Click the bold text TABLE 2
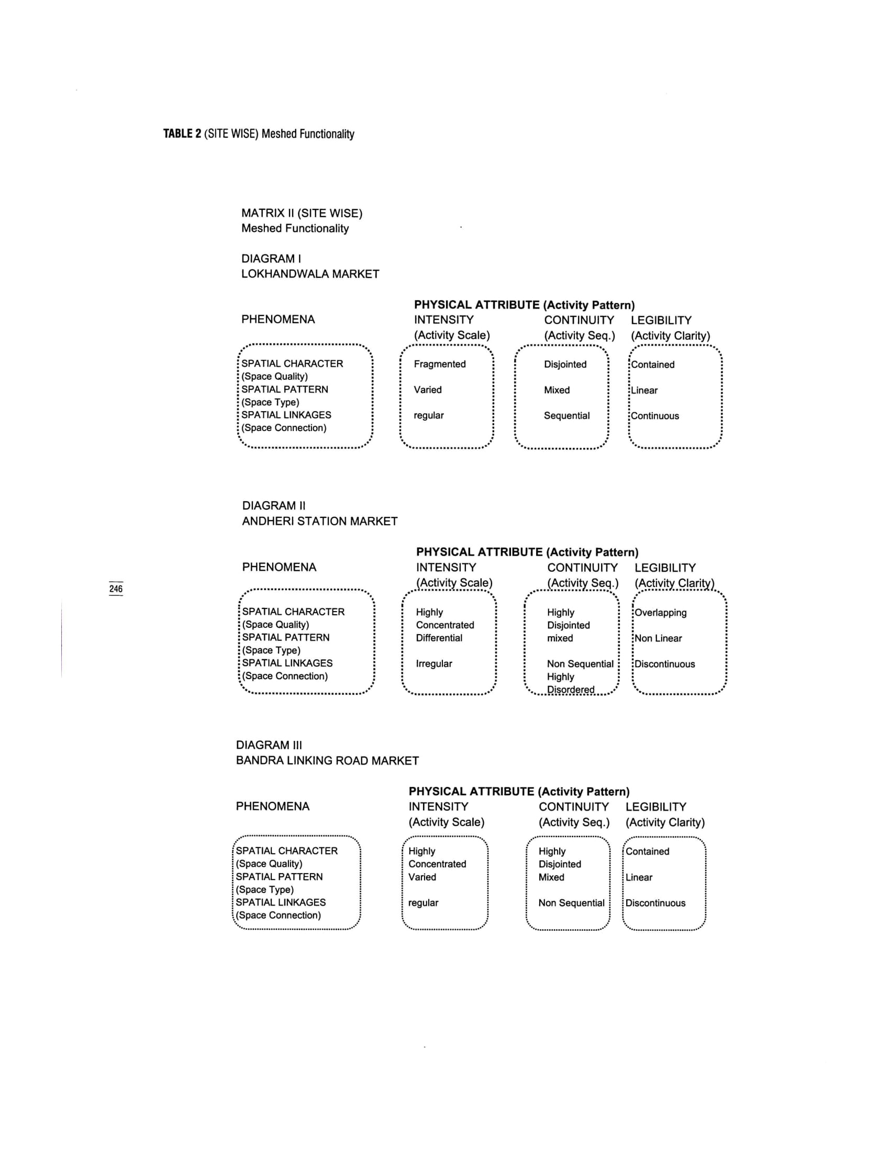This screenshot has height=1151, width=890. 182,134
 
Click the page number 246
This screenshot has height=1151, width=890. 116,589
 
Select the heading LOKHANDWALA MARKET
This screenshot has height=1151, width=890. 310,274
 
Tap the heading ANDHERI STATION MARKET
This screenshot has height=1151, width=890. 319,521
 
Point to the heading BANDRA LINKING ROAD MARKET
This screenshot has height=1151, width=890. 327,761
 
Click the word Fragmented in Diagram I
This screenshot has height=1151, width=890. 439,364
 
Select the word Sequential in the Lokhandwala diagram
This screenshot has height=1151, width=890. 567,416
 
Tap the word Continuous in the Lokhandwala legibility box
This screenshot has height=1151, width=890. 655,416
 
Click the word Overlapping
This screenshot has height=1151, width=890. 661,613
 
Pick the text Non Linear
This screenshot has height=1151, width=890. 658,638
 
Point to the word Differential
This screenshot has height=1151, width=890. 439,638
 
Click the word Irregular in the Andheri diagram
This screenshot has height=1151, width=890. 433,663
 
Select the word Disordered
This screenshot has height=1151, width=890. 571,690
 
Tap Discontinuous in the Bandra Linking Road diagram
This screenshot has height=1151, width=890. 655,903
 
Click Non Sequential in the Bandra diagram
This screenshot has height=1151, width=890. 571,903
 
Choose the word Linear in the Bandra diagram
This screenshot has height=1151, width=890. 639,877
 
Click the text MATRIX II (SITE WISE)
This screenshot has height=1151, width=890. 302,213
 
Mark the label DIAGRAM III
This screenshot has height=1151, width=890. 269,745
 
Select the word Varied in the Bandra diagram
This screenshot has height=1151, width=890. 422,877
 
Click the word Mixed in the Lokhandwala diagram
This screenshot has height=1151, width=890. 557,390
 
